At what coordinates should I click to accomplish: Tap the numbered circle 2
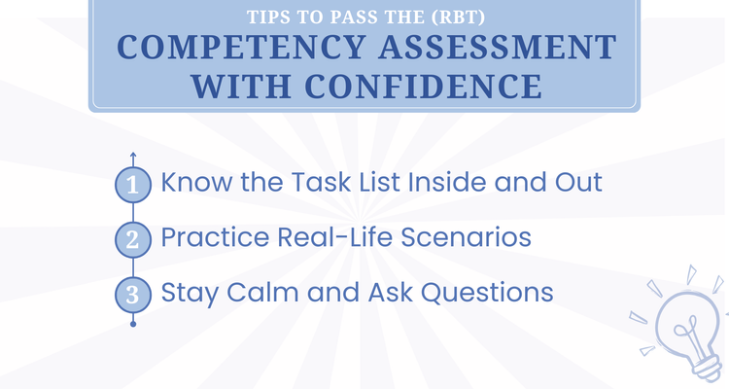(133, 238)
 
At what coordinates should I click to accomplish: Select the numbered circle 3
(133, 293)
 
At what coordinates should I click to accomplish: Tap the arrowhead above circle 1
(133, 154)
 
